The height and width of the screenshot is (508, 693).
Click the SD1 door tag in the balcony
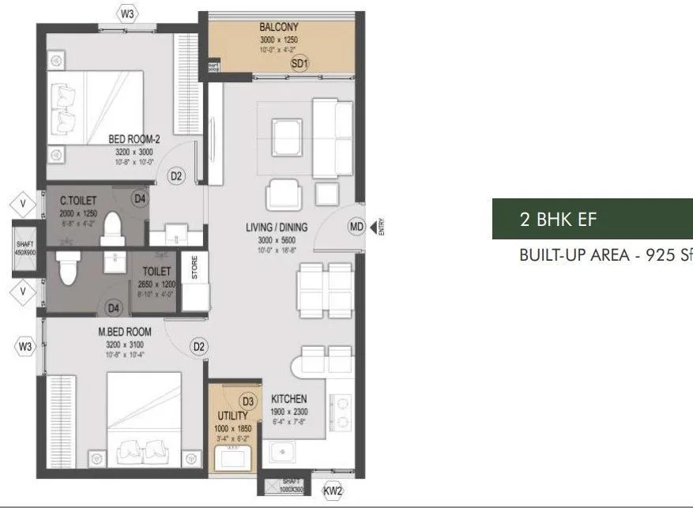point(299,64)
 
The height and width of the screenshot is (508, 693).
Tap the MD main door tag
point(356,228)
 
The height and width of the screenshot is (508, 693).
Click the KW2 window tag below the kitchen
point(333,491)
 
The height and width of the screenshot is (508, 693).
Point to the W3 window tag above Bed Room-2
point(127,13)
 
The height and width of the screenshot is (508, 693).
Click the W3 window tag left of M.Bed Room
point(25,346)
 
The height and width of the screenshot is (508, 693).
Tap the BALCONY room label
point(278,27)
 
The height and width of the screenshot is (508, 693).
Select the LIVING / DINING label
point(276,228)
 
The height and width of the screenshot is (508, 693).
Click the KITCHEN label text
point(288,399)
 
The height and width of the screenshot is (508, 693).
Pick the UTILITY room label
point(233,416)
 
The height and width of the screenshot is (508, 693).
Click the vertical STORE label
point(194,269)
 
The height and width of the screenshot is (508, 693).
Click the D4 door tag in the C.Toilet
point(140,198)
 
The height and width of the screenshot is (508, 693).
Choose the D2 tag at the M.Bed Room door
point(198,346)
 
